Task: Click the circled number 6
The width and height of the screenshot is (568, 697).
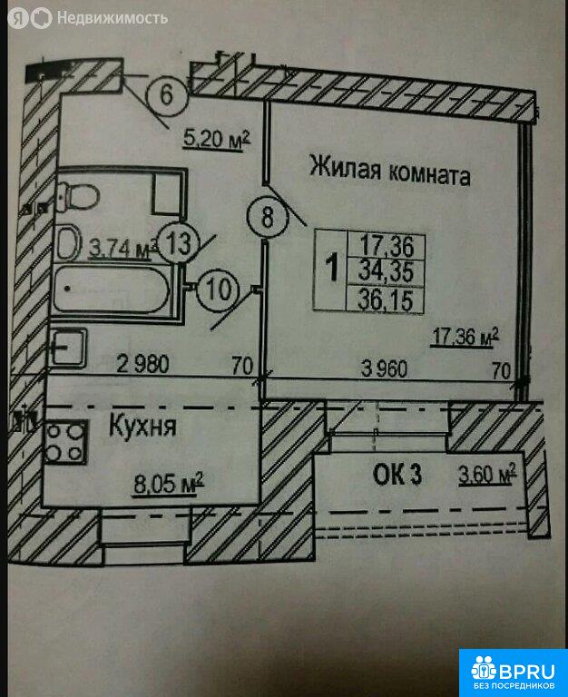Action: (166, 94)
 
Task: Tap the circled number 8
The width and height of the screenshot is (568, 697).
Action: (267, 218)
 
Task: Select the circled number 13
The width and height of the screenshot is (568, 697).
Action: (179, 243)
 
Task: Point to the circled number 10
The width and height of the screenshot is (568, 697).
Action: (218, 290)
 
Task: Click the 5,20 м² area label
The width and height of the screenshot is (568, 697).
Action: (217, 139)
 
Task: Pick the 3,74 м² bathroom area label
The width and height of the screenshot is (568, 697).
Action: (123, 248)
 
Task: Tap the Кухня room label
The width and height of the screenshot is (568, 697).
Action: (142, 426)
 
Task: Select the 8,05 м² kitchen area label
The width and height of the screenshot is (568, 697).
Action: (169, 483)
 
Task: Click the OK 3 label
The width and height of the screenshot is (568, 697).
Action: (397, 475)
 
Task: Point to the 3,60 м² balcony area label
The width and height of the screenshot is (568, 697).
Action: (487, 474)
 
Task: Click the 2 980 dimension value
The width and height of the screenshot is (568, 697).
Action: (142, 364)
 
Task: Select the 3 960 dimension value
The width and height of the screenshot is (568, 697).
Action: (384, 368)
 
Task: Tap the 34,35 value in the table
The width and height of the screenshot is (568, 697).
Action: (386, 270)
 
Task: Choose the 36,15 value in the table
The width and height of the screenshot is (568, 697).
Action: (386, 299)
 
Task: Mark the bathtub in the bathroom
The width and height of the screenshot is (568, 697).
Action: (111, 290)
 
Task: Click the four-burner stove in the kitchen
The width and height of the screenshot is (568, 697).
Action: (65, 442)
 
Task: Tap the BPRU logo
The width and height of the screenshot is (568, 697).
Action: (514, 672)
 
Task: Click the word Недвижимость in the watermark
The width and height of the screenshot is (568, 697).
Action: (113, 18)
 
